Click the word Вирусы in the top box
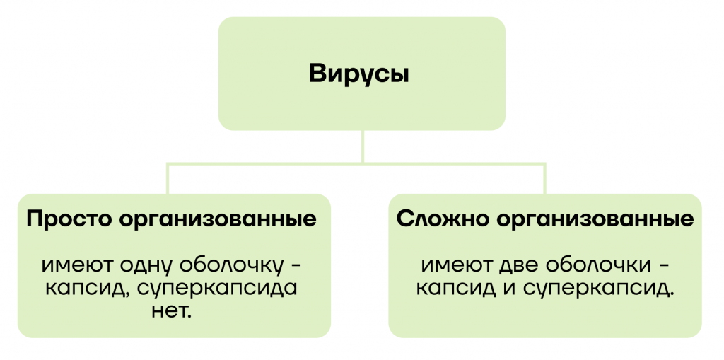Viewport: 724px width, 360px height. (358, 75)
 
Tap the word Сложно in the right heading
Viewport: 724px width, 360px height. (440, 219)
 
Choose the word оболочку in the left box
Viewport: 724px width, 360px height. (230, 266)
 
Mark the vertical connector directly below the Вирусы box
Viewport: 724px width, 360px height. (363, 146)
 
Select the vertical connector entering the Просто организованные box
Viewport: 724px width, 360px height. (168, 178)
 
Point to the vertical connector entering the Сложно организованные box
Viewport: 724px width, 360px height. (544, 178)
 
